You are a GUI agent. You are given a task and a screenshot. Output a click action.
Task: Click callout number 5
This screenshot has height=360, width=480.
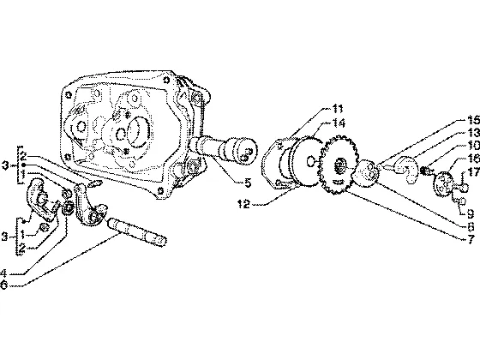click(x=248, y=183)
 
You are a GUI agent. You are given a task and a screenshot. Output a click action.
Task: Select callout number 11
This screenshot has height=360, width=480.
click(x=338, y=109)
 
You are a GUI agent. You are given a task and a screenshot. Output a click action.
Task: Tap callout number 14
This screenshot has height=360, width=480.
click(x=339, y=123)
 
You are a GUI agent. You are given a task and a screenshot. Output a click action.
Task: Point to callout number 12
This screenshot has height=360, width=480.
click(x=244, y=204)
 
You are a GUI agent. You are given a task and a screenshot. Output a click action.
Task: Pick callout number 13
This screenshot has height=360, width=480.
click(x=473, y=133)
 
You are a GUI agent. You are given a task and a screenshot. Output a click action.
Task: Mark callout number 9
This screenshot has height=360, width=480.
click(x=470, y=213)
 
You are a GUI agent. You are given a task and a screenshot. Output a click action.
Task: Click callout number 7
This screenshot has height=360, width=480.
click(x=471, y=239)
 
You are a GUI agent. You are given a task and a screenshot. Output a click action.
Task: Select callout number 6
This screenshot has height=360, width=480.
click(x=3, y=285)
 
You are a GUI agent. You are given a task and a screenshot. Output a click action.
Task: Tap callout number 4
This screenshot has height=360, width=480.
click(x=3, y=273)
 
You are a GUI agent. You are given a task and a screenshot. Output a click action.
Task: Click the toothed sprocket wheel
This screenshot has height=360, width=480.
click(x=339, y=165)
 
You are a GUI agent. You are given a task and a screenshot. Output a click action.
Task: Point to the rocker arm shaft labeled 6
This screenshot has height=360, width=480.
click(x=136, y=232)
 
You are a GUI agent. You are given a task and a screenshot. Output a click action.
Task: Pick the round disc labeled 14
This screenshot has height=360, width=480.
click(x=306, y=161)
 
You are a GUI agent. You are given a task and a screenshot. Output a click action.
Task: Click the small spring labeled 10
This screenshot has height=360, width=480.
click(x=425, y=171)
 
